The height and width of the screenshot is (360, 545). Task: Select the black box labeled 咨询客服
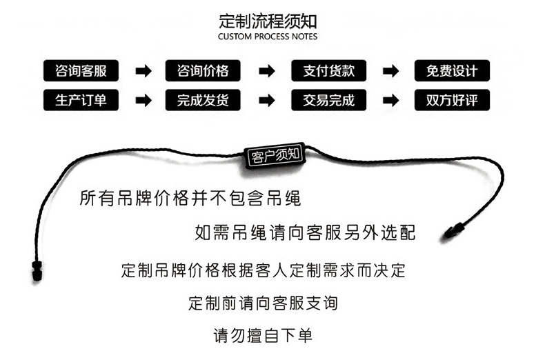80,70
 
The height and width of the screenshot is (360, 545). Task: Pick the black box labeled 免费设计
452,70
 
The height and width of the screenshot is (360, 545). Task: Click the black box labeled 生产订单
80,100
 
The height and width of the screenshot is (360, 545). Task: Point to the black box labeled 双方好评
452,100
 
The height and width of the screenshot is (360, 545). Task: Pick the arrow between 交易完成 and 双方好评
390,101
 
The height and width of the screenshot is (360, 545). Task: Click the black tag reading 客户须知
274,155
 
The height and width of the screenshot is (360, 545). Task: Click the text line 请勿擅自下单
263,336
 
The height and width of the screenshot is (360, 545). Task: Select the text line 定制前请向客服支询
263,302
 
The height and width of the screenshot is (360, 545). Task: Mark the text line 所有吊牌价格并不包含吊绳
190,199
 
